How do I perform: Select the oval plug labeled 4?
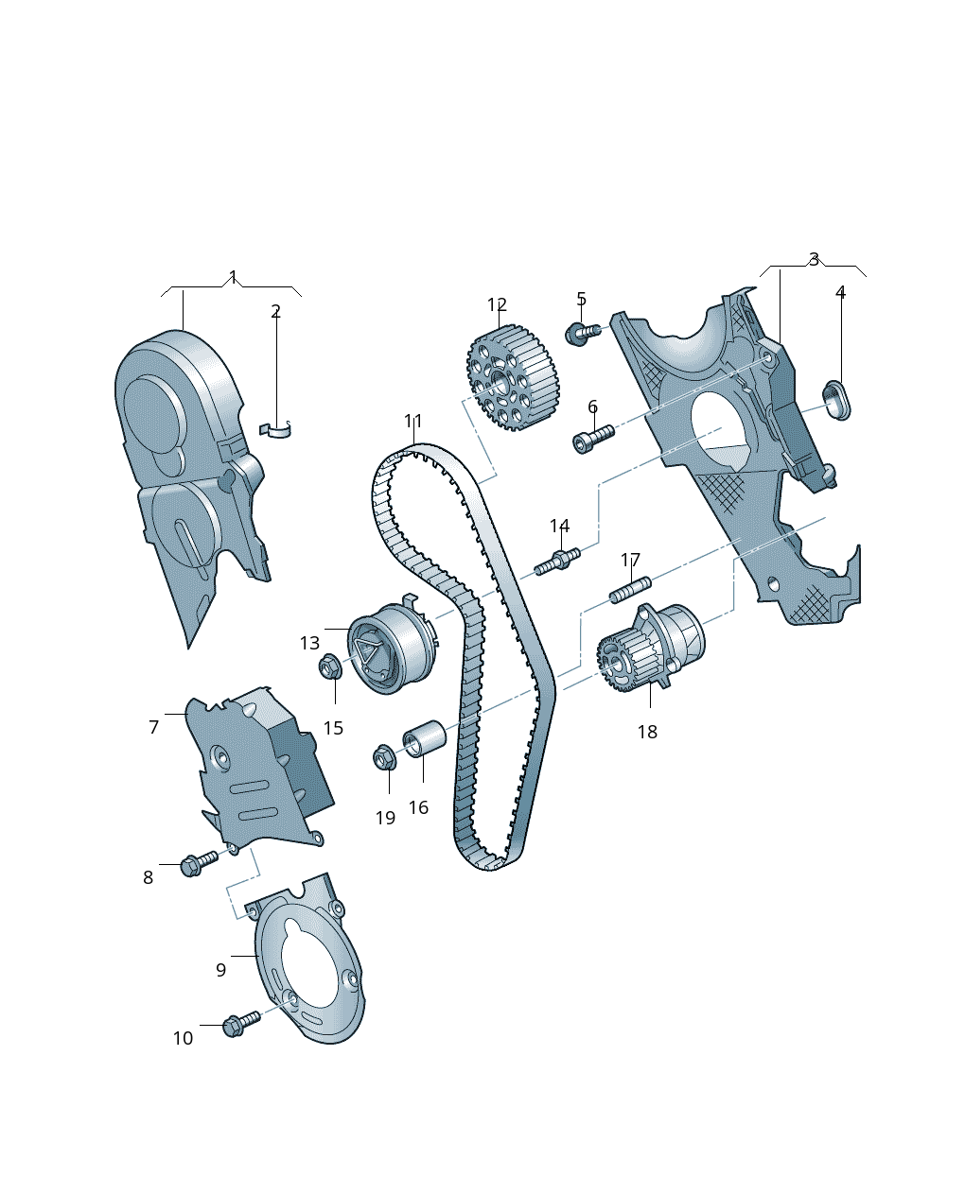click(x=837, y=400)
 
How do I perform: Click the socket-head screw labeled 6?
click(x=593, y=439)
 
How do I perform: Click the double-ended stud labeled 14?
click(x=557, y=562)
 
